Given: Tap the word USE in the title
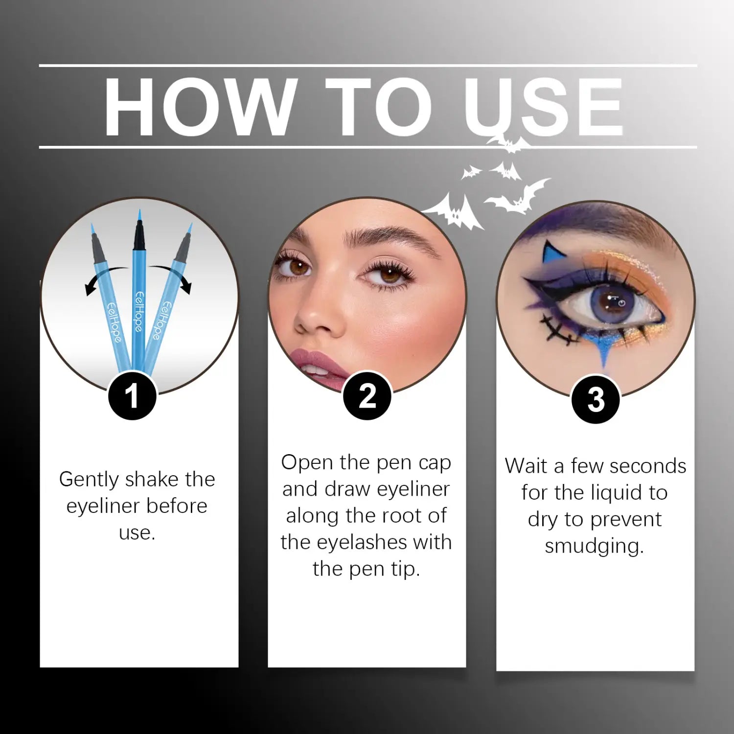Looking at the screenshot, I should (543, 107).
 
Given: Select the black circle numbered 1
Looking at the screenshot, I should (132, 395).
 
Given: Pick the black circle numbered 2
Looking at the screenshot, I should (367, 395).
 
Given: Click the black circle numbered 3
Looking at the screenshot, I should (596, 399).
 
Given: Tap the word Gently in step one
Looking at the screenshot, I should (89, 480).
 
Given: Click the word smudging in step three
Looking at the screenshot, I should (594, 546).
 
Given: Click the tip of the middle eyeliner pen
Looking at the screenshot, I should (139, 215).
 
